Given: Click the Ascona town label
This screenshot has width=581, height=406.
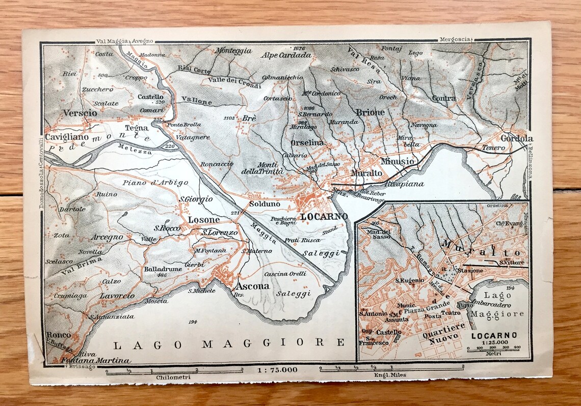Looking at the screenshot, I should click(x=252, y=286).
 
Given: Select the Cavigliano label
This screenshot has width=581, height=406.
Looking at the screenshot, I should click(x=67, y=137).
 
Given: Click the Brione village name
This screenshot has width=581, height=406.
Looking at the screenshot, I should click(x=370, y=112).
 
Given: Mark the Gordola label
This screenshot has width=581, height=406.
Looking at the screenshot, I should click(x=516, y=138).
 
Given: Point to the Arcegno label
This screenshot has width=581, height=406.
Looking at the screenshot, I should click(x=107, y=237).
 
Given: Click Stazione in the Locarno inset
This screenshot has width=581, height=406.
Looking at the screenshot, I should click(x=469, y=270).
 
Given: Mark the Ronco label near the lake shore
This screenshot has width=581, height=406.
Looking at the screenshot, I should click(x=59, y=335).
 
